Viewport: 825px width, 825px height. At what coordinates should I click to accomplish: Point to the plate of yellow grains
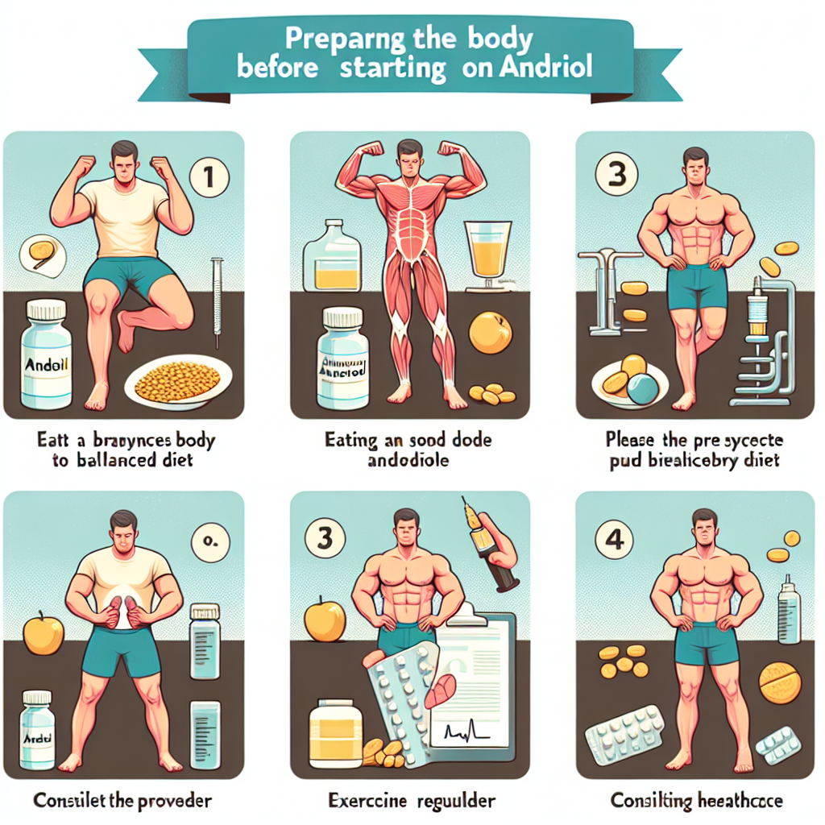[x=179, y=383]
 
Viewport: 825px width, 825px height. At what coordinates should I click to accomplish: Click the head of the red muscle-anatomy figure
[x=409, y=155]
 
